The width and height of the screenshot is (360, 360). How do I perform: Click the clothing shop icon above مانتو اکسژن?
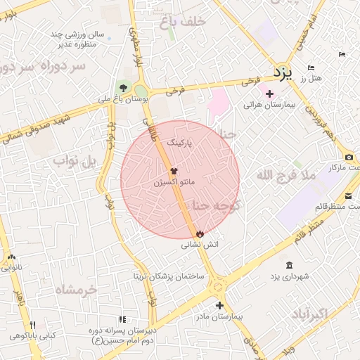point(174,171)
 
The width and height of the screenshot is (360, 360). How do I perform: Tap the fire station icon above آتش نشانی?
point(200,233)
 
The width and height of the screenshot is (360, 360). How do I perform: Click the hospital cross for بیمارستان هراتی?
point(269,94)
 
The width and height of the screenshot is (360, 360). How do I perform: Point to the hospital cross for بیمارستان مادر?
point(220,305)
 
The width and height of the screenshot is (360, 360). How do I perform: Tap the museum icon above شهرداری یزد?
point(290,264)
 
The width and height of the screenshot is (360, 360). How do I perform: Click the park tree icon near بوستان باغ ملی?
point(124,89)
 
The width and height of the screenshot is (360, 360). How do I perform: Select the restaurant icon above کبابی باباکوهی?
point(32,325)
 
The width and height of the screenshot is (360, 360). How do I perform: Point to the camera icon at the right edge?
point(349,157)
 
